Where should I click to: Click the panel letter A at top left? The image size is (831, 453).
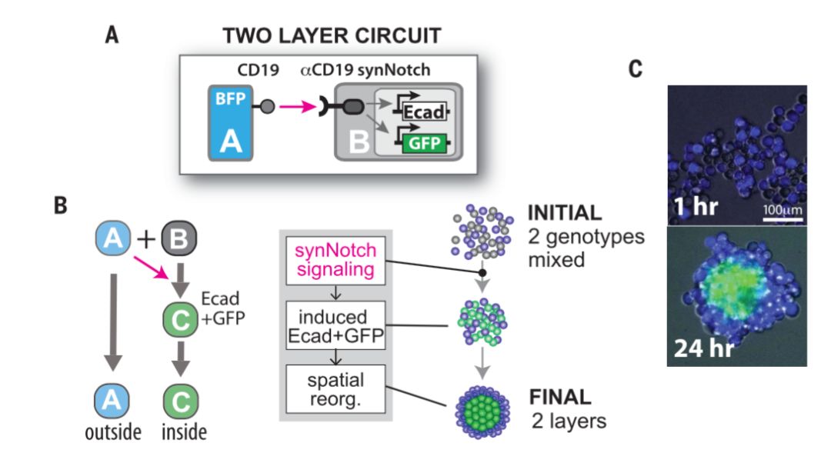pos(113,35)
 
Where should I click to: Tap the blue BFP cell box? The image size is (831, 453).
pos(232,122)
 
